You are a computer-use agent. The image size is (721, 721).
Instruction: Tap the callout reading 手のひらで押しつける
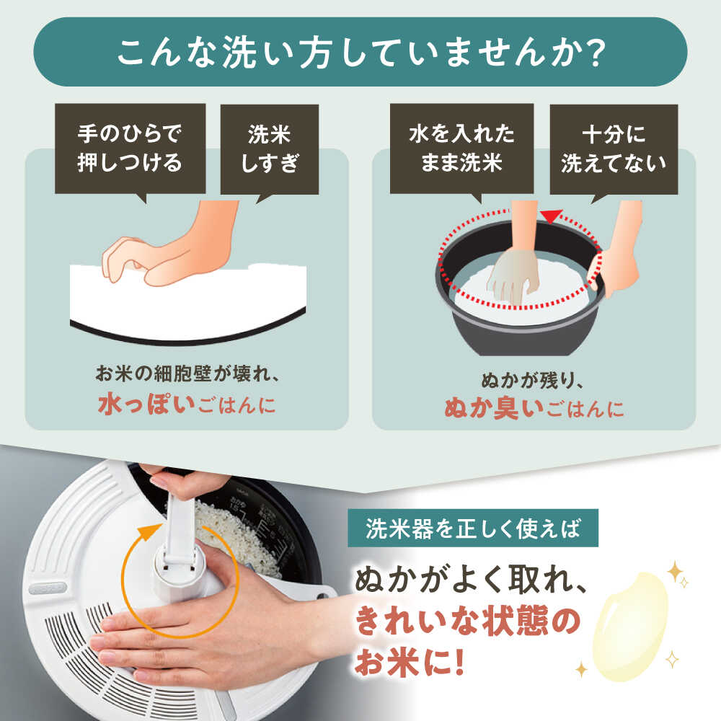tap(130, 149)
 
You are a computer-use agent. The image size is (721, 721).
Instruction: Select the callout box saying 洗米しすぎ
tap(270, 149)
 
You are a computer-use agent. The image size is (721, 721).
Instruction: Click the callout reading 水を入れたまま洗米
tap(461, 149)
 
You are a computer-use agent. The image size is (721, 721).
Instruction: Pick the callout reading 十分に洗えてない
tap(614, 149)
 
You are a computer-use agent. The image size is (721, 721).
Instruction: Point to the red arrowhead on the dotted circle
tap(552, 216)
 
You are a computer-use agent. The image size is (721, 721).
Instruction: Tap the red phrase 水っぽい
tap(146, 404)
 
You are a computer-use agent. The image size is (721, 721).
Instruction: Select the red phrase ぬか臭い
tap(494, 408)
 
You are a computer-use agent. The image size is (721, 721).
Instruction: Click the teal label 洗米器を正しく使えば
tap(473, 528)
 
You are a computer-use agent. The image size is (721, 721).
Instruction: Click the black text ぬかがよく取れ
tap(470, 580)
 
